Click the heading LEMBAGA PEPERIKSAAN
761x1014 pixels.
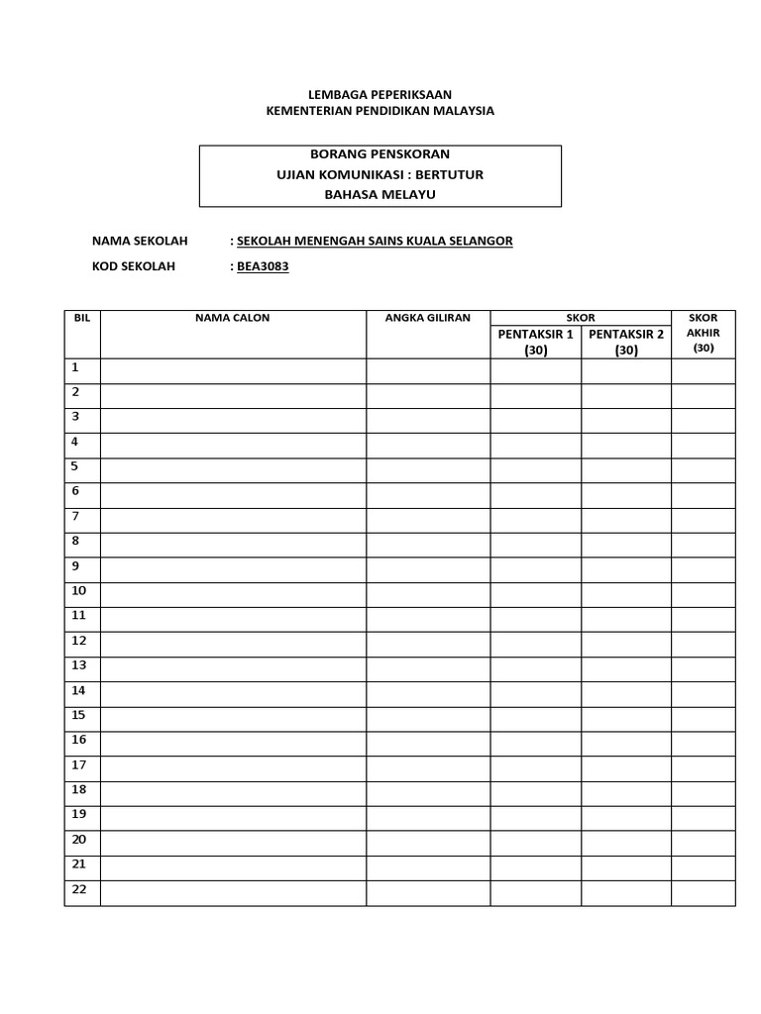[x=380, y=94]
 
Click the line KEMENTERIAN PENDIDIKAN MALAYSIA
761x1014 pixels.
[x=380, y=111]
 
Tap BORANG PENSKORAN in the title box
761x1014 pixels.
[x=380, y=154]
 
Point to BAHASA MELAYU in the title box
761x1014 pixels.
[x=380, y=194]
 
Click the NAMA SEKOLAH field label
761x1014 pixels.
[x=140, y=241]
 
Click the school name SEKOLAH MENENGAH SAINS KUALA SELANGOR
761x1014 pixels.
[x=375, y=241]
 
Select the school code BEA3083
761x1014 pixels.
[x=263, y=266]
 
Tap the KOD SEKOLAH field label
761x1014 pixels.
[x=134, y=266]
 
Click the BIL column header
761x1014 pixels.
[x=82, y=318]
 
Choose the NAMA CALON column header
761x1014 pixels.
[x=233, y=318]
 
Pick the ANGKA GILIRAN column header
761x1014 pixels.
[x=428, y=318]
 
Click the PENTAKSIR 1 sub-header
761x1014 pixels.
[x=536, y=335]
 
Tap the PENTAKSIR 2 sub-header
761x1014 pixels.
[x=626, y=335]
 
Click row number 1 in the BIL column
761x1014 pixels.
[x=75, y=367]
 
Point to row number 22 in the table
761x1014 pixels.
[x=79, y=889]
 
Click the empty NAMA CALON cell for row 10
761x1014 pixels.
[x=233, y=595]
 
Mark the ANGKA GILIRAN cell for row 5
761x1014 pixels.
[x=428, y=470]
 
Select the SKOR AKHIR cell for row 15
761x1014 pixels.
[x=704, y=719]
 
